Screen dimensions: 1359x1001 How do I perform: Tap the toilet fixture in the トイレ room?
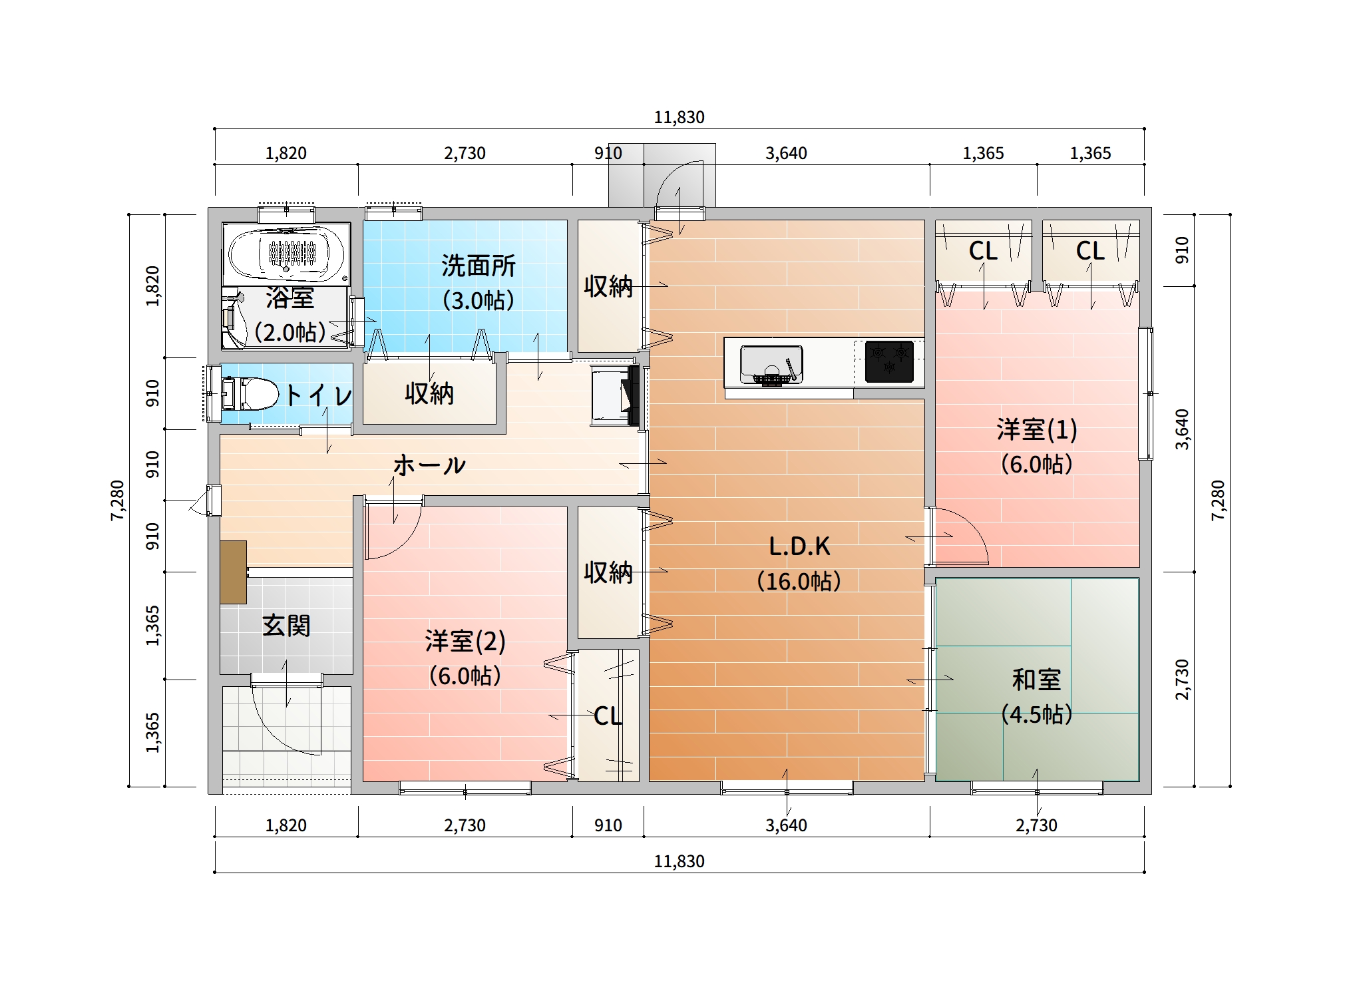click(x=250, y=394)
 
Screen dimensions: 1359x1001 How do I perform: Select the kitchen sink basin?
click(x=771, y=364)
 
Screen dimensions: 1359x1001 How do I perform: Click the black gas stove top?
click(x=889, y=361)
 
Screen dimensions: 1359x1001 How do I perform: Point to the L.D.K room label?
click(x=799, y=546)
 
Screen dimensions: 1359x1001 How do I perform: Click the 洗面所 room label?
click(x=479, y=266)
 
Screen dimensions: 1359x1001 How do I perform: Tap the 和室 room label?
click(x=1036, y=680)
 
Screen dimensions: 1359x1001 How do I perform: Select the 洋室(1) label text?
click(x=1037, y=429)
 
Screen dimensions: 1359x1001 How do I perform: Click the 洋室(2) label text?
click(x=465, y=642)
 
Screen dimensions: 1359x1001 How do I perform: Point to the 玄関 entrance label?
click(x=286, y=626)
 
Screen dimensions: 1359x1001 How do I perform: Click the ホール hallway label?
click(x=429, y=465)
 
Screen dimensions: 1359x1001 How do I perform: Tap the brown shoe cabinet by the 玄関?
click(x=234, y=572)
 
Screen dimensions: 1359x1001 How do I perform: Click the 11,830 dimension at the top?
click(x=679, y=118)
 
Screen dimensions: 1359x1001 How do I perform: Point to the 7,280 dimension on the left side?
click(x=118, y=500)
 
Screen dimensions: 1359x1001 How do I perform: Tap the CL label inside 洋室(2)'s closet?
click(x=608, y=716)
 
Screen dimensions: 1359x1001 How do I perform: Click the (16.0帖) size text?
click(x=799, y=581)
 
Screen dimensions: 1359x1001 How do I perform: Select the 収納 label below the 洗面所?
click(x=429, y=393)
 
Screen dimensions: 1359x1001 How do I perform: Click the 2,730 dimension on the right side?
click(x=1182, y=680)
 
